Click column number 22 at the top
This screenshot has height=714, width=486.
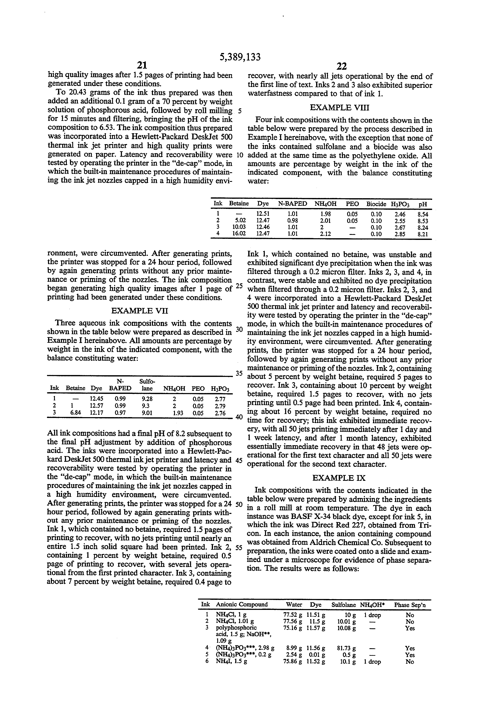[x=341, y=66]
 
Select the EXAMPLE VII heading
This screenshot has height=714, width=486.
[x=140, y=311]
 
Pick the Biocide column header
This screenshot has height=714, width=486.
[x=376, y=204]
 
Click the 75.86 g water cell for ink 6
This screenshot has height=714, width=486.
[x=292, y=661]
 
